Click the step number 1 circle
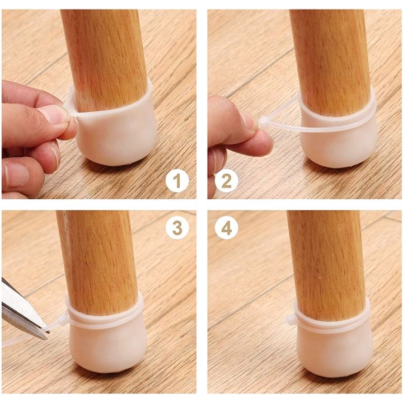[177, 181]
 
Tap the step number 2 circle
[227, 181]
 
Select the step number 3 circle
[177, 227]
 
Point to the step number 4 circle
[227, 227]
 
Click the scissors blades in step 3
[23, 311]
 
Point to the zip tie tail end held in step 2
[262, 121]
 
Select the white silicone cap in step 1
[111, 125]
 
